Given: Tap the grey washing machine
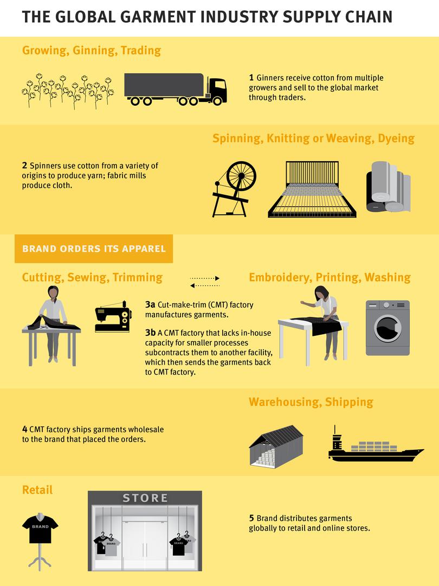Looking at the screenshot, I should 387,328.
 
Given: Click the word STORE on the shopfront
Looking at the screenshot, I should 145,498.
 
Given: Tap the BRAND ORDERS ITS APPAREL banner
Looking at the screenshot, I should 94,249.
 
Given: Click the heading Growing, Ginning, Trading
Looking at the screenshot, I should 92,50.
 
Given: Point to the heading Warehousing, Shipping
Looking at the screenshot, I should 311,402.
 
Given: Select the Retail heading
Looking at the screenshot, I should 37,490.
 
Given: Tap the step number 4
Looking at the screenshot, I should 25,429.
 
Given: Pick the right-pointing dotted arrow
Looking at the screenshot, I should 205,278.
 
